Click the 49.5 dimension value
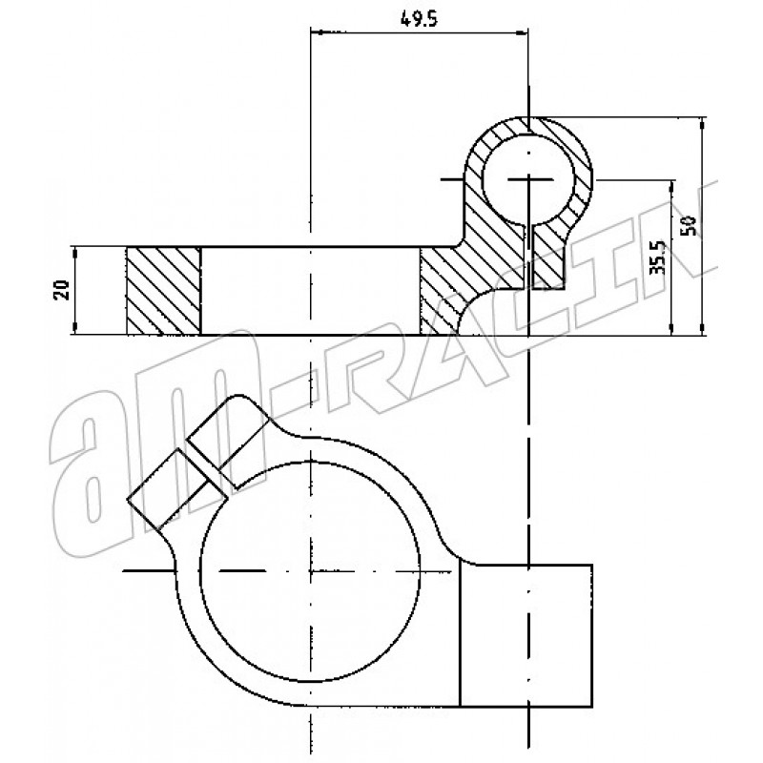coord(419,19)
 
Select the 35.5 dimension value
coord(658,257)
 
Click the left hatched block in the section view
coord(163,291)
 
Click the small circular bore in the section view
coord(529,179)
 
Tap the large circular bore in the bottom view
coord(310,570)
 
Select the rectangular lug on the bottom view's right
coord(526,635)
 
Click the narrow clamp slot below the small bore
coord(529,257)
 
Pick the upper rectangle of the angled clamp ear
coord(228,442)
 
